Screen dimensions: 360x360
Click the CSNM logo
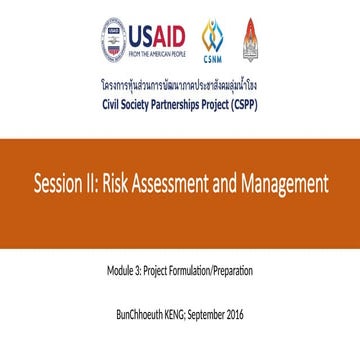click(213, 42)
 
